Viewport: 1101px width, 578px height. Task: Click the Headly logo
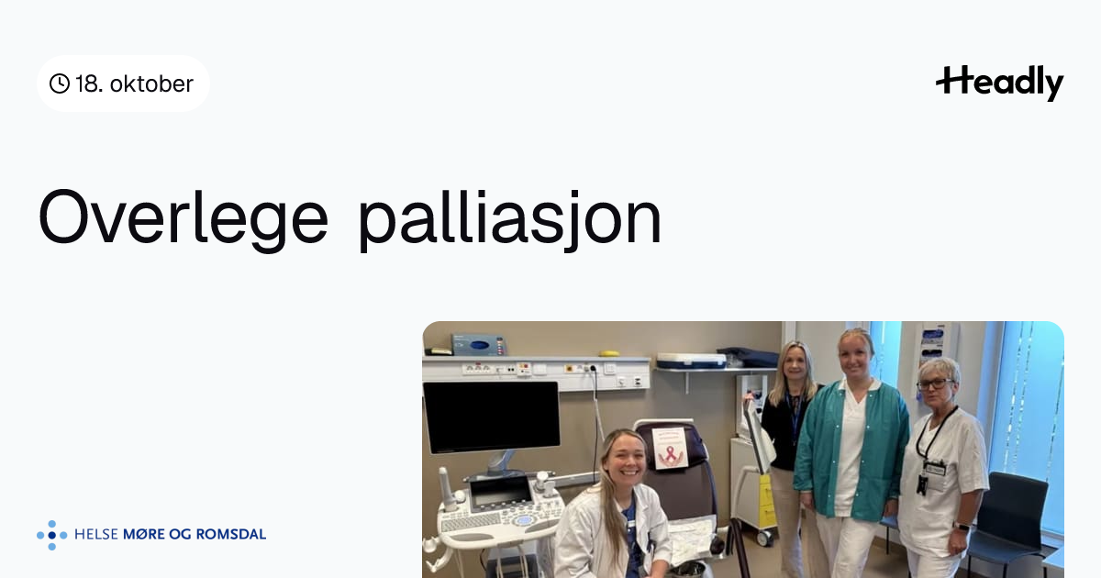point(1000,83)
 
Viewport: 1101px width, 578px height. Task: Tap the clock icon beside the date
point(60,83)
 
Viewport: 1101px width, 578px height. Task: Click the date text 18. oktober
point(134,84)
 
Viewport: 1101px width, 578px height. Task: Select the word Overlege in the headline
point(183,217)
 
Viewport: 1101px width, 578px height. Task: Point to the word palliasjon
point(510,221)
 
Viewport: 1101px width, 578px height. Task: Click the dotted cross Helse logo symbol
point(51,535)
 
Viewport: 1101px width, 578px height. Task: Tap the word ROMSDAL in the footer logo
point(230,534)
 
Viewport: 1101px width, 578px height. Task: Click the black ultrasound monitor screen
point(491,417)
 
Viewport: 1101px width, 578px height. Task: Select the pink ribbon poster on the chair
point(670,448)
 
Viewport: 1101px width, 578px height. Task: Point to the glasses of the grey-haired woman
point(934,384)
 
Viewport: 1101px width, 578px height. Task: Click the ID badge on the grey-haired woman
point(934,469)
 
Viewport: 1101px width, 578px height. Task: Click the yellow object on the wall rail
point(609,353)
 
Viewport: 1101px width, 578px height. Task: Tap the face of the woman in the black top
point(795,366)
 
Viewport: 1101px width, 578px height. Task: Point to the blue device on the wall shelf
point(479,345)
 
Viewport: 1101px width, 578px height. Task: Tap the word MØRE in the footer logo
point(146,534)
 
